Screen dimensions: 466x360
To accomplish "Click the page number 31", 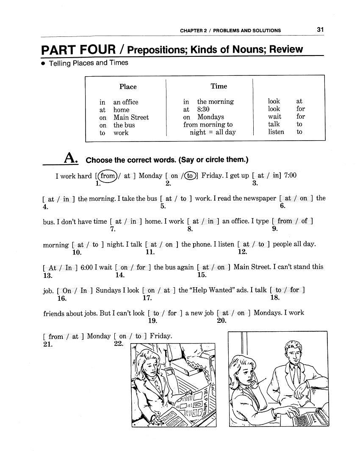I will click(320, 30).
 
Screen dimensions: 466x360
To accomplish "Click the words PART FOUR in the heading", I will click(78, 50).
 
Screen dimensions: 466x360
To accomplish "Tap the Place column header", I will click(128, 87).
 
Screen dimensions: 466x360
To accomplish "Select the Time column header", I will click(219, 86).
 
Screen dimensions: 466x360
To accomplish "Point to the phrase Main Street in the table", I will click(131, 117).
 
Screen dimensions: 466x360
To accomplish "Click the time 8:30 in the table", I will click(203, 109).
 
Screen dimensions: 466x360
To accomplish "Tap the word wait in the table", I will click(274, 116).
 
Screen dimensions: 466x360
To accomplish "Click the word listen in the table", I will click(276, 132).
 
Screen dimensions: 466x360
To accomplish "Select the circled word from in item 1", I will click(108, 175).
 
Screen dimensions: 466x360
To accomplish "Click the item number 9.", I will click(275, 229).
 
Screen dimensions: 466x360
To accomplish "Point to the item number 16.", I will click(62, 298).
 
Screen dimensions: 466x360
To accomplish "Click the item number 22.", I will click(119, 344).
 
